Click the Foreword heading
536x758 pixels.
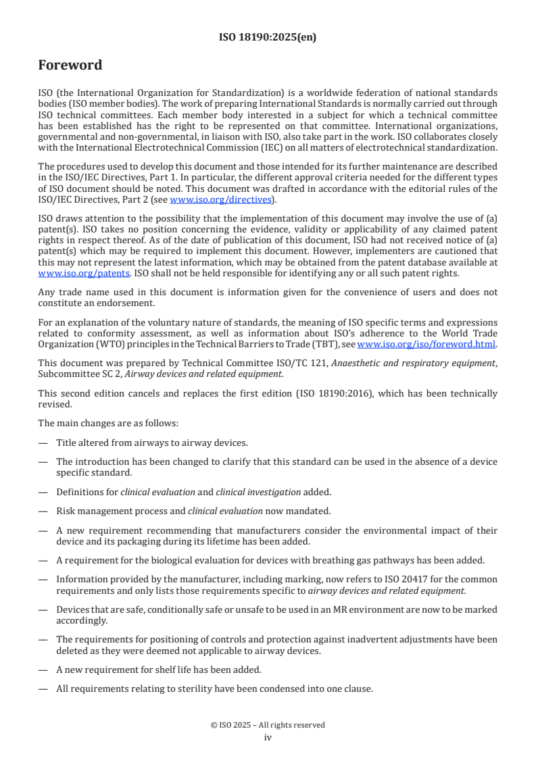[x=70, y=66]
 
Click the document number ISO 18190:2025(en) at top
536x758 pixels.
[x=268, y=38]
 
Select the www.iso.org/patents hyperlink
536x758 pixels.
[x=66, y=273]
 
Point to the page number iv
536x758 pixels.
[x=268, y=738]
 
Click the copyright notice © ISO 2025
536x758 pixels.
[x=268, y=725]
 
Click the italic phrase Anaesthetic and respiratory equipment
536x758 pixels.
[x=417, y=363]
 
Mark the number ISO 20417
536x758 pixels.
[x=399, y=580]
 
